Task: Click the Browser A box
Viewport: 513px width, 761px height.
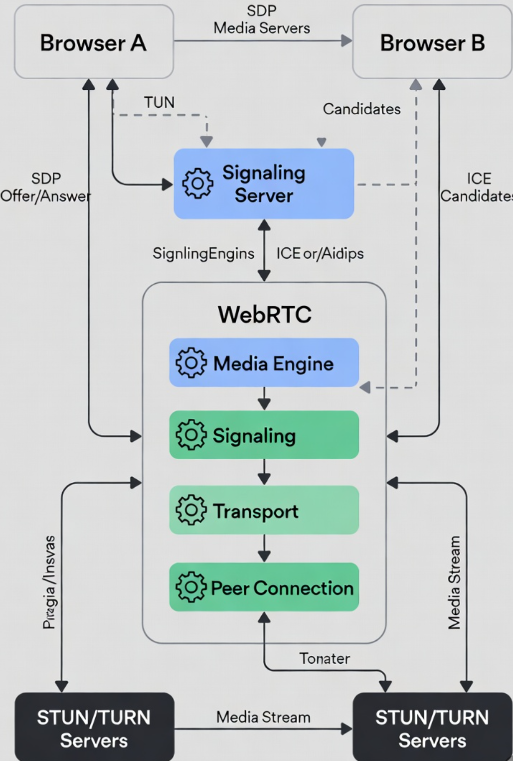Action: point(94,42)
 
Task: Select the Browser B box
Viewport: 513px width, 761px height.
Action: point(432,42)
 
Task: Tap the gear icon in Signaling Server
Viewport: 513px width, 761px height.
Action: point(197,184)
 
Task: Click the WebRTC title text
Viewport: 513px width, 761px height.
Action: point(264,315)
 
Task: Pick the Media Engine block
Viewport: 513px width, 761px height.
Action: point(264,363)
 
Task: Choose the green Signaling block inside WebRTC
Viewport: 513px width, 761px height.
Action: point(264,435)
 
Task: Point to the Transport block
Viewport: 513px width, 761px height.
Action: point(264,510)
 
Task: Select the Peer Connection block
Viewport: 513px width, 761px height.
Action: point(264,587)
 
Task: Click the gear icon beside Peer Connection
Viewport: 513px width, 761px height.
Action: point(190,587)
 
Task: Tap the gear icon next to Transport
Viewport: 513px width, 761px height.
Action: point(190,510)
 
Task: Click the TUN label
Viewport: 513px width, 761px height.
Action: point(159,102)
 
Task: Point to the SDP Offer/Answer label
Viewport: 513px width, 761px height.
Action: point(46,188)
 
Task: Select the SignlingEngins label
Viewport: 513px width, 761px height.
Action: point(203,253)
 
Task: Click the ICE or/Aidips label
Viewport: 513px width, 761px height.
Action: point(320,253)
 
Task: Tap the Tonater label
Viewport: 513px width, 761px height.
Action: point(325,659)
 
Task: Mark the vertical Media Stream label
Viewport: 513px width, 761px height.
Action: point(454,582)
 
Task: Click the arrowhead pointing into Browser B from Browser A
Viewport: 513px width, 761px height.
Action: point(346,41)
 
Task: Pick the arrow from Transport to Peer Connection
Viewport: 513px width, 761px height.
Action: point(264,549)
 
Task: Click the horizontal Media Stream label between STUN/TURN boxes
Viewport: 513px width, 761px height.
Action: point(263,717)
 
